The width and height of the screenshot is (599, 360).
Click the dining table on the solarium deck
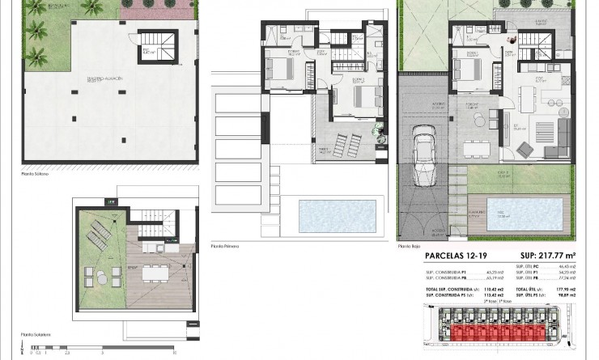tap(152, 273)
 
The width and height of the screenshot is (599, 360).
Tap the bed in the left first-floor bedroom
tap(278, 70)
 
